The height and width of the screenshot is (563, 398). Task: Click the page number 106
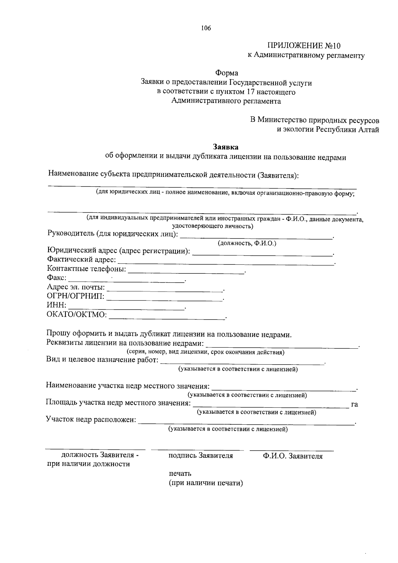(x=206, y=28)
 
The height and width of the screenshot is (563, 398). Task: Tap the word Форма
(x=227, y=73)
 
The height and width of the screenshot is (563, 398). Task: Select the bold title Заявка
(x=225, y=147)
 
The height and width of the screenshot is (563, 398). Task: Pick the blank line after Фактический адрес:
(x=226, y=263)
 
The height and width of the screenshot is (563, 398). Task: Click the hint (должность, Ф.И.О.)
(x=247, y=244)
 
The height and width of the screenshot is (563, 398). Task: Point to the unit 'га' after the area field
(x=354, y=404)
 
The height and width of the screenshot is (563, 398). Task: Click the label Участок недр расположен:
(x=91, y=420)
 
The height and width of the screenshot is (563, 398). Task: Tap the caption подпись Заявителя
(x=200, y=456)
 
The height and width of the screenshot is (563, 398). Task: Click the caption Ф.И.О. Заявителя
(x=293, y=456)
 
